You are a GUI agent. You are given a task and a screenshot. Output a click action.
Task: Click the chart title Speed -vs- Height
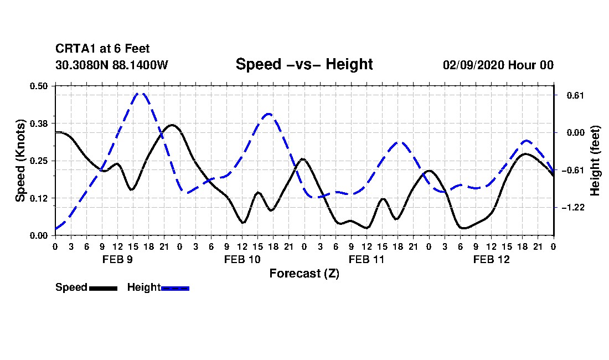tap(304, 64)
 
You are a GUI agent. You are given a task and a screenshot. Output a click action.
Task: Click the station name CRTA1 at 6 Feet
tap(102, 49)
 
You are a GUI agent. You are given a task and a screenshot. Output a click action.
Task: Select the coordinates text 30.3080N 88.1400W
tap(112, 65)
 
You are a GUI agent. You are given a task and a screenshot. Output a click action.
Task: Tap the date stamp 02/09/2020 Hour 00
tap(498, 65)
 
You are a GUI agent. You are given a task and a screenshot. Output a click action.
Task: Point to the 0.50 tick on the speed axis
tap(38, 86)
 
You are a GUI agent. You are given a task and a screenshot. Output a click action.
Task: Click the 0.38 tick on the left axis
tap(38, 124)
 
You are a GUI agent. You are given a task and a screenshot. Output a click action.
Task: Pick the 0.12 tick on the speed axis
tap(38, 198)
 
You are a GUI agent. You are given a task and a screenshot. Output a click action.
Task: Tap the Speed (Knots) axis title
tap(20, 161)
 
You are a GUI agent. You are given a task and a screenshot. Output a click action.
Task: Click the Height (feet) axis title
tap(595, 161)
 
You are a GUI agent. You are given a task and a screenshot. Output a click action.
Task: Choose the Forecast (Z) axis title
tap(304, 274)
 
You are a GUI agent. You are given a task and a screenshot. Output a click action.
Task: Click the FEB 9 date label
tap(117, 259)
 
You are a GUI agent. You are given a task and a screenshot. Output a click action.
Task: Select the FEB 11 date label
tap(367, 259)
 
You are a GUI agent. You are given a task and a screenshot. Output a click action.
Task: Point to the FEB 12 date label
tap(491, 259)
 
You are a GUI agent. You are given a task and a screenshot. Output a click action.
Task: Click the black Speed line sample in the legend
tap(104, 288)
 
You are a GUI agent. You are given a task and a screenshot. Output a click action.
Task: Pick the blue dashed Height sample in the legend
tap(175, 288)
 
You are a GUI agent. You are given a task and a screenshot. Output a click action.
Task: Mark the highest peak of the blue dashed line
tap(141, 93)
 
